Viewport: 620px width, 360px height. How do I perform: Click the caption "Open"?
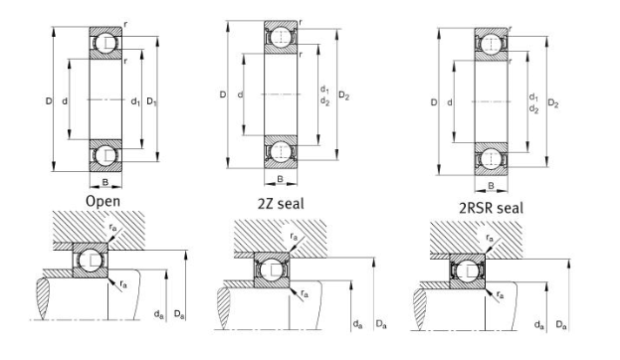click(x=103, y=201)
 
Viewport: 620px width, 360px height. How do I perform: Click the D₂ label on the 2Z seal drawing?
click(x=344, y=96)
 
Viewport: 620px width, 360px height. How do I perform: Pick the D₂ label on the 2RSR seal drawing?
click(x=553, y=103)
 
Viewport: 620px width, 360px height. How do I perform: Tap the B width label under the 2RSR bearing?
click(x=490, y=185)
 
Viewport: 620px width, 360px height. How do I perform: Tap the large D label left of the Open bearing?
click(x=47, y=101)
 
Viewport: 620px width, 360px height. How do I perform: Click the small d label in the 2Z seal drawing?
click(x=241, y=95)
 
